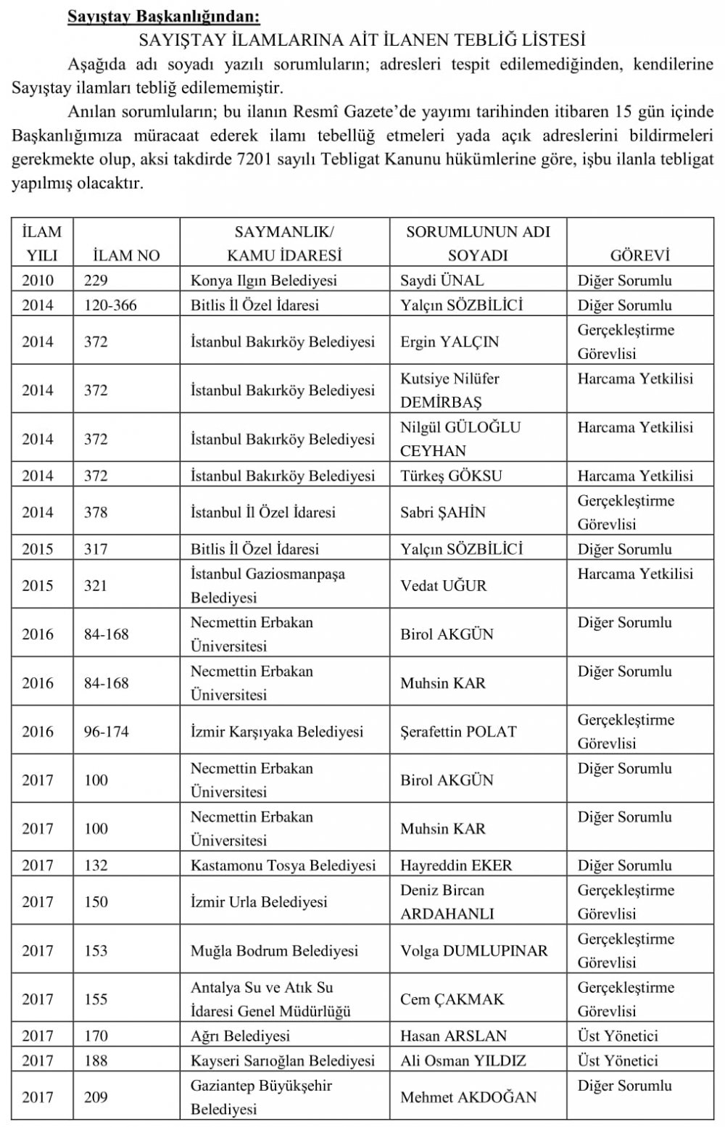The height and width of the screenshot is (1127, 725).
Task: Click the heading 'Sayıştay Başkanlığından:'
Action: [x=163, y=15]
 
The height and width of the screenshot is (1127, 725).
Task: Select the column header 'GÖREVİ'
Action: [x=639, y=255]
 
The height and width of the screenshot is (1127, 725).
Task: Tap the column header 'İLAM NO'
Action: [x=127, y=255]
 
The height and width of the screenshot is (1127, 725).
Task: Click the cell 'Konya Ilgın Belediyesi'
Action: [x=263, y=281]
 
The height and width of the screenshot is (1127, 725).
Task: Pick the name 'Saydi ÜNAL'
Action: [x=442, y=281]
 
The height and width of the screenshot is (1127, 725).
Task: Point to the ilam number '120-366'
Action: [x=110, y=305]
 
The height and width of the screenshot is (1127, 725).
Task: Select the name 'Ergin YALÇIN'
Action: [x=449, y=342]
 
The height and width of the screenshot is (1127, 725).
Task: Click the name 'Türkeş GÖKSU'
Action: [x=451, y=476]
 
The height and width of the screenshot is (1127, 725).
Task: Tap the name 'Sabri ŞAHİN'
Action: [x=443, y=512]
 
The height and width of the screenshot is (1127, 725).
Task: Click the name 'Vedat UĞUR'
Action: [x=444, y=585]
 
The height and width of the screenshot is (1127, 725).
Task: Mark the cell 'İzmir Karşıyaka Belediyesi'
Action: [x=277, y=732]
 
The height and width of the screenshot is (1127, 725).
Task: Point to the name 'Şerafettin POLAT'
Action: [x=458, y=732]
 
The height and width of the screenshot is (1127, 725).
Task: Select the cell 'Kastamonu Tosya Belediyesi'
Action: [x=283, y=865]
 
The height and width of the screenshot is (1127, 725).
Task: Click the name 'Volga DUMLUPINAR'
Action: [x=474, y=951]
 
